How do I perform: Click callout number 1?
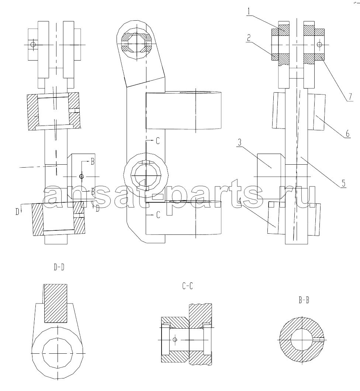tap(249, 11)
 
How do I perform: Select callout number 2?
tap(248, 38)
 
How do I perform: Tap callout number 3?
tap(239, 143)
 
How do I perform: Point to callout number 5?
tap(343, 183)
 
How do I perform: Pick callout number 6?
tap(347, 134)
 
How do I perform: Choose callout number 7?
tap(350, 96)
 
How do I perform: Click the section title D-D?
tap(59, 267)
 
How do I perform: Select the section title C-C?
tap(187, 286)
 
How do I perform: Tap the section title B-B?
tap(304, 300)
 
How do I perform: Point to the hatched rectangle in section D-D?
tap(56, 303)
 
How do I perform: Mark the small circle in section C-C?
tap(174, 339)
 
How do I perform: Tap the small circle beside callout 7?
tap(319, 45)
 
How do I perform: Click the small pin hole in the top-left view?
tap(32, 45)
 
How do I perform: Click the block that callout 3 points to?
tap(269, 176)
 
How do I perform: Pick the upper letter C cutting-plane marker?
tap(158, 141)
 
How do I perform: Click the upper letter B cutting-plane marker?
tap(93, 162)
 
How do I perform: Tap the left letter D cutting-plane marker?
tap(17, 212)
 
